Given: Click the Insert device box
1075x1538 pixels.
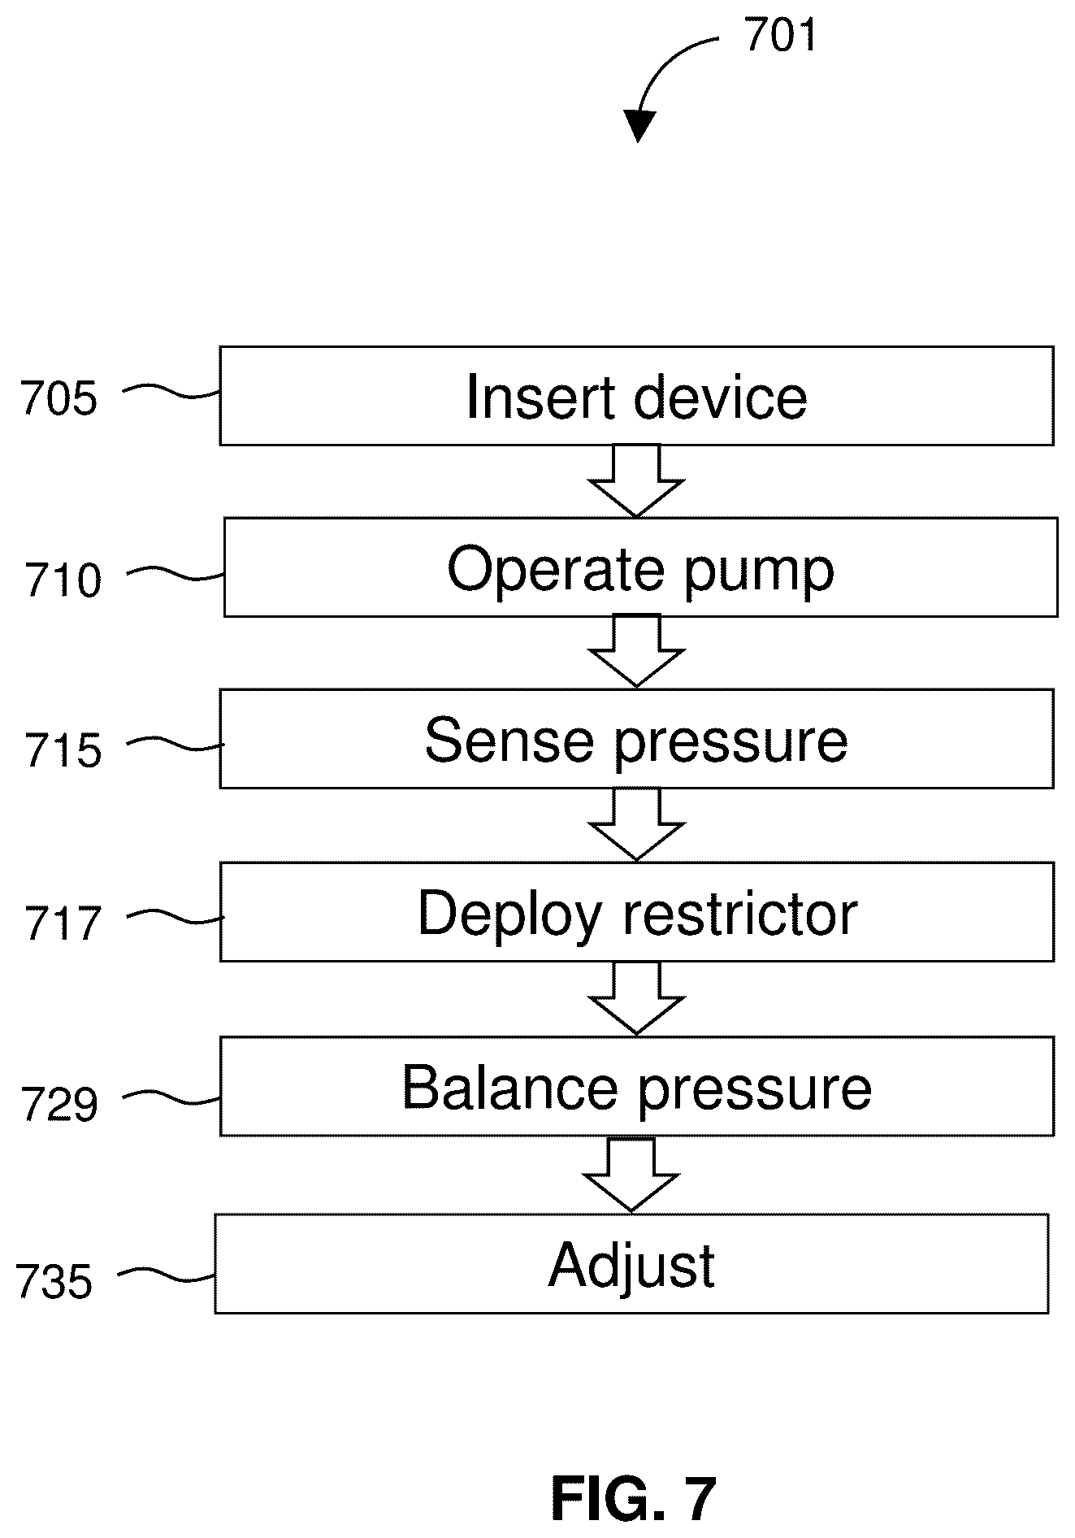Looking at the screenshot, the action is (636, 396).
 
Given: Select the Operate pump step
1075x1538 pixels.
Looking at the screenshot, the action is (640, 567).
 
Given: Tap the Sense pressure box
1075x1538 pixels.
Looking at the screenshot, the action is (636, 739).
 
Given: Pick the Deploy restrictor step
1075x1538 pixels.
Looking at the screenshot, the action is (636, 912).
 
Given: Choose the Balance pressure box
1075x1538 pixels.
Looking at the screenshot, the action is (636, 1086).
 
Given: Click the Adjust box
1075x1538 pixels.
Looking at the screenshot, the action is (631, 1264).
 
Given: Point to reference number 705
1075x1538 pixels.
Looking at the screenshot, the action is (59, 399).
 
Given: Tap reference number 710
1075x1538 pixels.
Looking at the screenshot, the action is (63, 580).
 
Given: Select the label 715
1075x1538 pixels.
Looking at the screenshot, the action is (63, 750).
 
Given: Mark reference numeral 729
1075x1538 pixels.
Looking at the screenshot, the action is (59, 1104).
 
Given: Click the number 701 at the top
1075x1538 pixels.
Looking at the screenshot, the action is (780, 36).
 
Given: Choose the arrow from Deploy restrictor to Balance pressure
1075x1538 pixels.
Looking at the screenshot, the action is (637, 998).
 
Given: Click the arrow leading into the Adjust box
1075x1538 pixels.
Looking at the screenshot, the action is (631, 1175).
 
